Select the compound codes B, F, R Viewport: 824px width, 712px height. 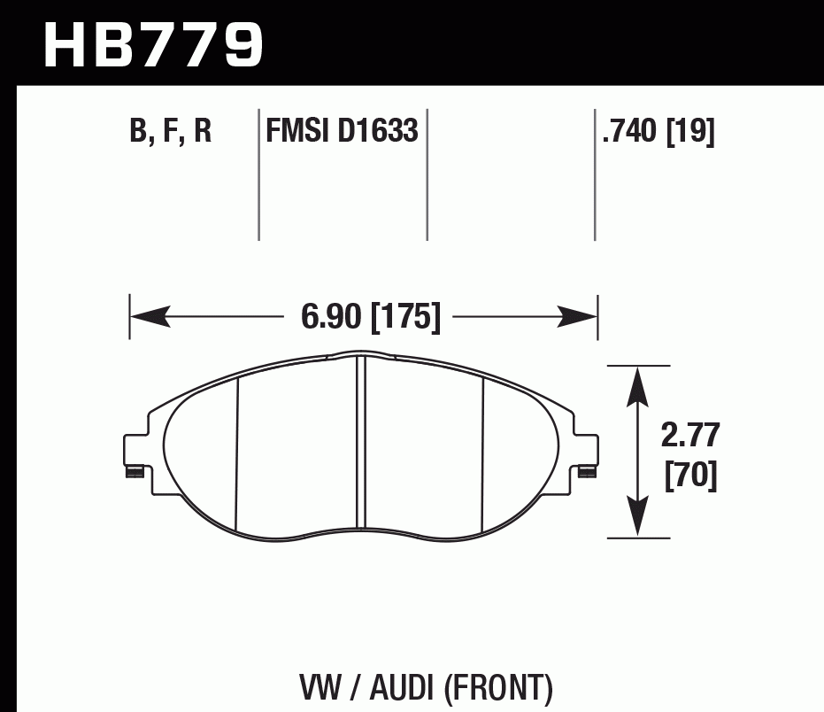[x=171, y=133]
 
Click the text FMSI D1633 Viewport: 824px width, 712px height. [x=342, y=132]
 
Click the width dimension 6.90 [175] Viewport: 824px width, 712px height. [x=370, y=316]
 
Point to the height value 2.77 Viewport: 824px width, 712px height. [x=690, y=437]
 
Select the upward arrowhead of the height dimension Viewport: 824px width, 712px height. [x=635, y=385]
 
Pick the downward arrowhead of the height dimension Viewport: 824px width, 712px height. [x=635, y=518]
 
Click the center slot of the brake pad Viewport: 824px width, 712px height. [x=360, y=443]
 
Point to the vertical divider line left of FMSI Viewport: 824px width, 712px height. [x=258, y=177]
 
